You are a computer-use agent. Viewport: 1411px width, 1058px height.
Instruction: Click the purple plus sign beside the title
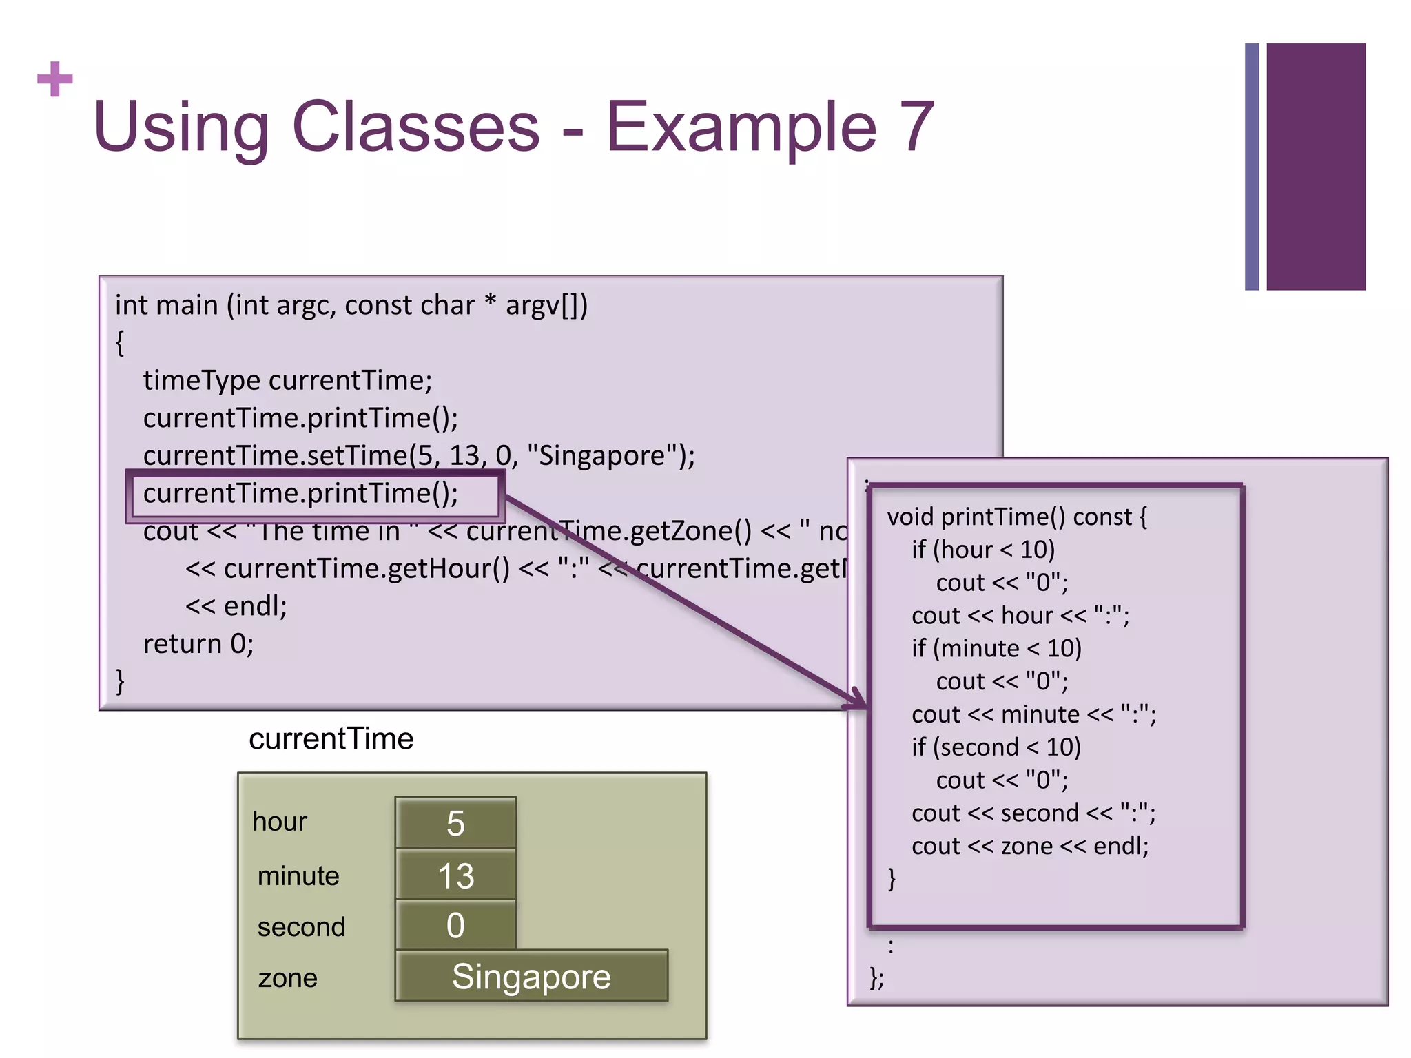55,79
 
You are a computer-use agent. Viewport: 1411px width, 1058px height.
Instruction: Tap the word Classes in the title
416,127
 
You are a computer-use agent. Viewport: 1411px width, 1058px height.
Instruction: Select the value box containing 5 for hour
455,823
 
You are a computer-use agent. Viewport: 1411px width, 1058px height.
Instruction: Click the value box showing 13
455,875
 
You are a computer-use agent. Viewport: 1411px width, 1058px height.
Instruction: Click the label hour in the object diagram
279,822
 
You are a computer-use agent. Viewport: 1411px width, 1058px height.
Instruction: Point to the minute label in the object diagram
298,876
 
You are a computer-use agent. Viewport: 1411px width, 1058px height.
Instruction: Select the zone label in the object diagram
287,978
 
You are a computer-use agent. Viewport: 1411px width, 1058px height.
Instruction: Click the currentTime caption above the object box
331,739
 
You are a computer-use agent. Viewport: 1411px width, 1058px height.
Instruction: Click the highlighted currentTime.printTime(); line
301,494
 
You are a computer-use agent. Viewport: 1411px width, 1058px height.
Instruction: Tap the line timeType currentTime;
287,381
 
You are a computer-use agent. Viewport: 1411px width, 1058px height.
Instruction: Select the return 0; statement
198,644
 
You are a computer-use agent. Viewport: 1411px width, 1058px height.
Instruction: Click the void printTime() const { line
1017,517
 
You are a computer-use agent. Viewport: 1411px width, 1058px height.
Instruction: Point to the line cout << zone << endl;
1030,847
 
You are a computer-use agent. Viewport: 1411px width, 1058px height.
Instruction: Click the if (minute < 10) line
996,649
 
